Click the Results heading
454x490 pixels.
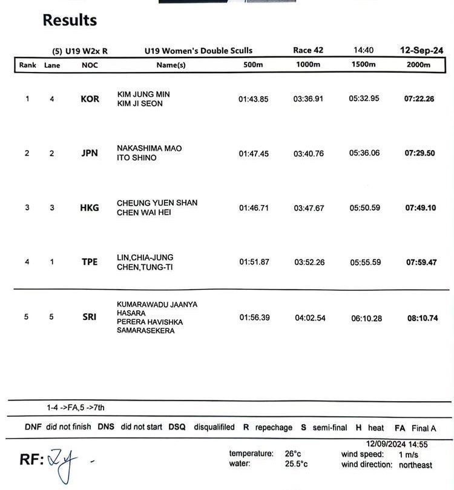coord(70,20)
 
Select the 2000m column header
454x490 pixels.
coord(418,65)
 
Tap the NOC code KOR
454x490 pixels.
coord(90,99)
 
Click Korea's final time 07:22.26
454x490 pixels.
coord(419,99)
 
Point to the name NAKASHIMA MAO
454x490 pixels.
coord(149,148)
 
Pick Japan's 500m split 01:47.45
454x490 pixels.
coord(254,154)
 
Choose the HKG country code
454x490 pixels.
coord(90,208)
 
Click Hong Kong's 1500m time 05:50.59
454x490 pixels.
coord(364,207)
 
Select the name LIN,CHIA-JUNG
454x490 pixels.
coord(145,257)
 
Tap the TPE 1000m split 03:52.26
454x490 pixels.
coord(309,262)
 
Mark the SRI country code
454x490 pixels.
coord(90,317)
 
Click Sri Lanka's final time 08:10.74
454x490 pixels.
coord(422,318)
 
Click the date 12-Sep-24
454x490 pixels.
coord(421,50)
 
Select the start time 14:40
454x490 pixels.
coord(363,50)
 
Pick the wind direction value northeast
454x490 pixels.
coord(415,465)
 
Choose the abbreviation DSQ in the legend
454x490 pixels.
coord(177,427)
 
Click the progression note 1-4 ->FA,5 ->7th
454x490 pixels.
coord(76,408)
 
